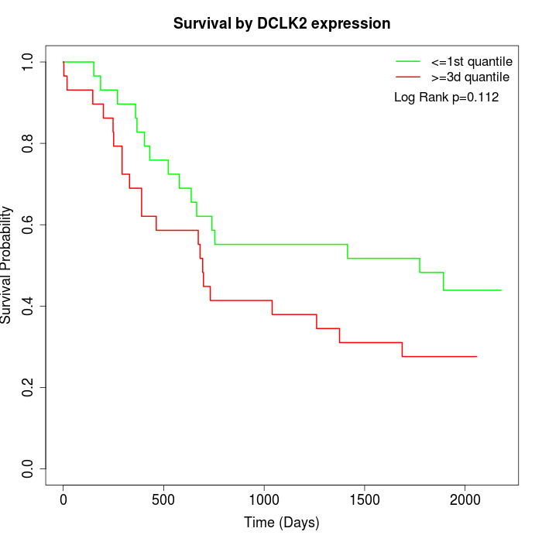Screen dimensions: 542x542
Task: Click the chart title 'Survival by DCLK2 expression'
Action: pos(281,24)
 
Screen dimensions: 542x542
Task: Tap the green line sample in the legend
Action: pos(408,61)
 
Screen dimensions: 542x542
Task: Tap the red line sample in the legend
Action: pos(408,77)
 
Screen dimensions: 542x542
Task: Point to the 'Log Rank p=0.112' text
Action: pos(446,98)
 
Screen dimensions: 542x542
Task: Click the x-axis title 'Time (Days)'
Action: pos(281,523)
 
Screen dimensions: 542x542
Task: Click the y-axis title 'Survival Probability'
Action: pos(7,264)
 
